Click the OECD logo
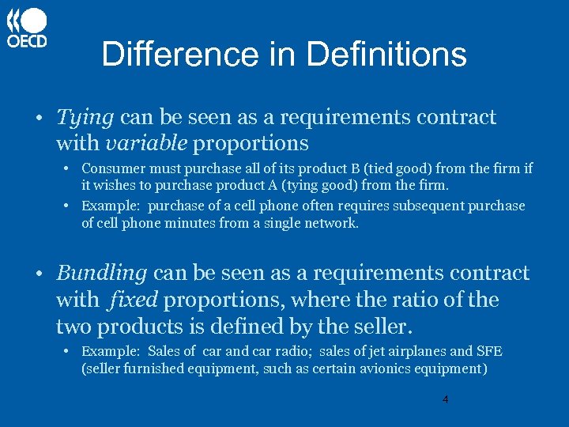pyautogui.click(x=28, y=28)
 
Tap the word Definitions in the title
pyautogui.click(x=386, y=55)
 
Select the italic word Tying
pyautogui.click(x=85, y=118)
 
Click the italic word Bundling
pyautogui.click(x=102, y=273)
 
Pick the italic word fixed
pyautogui.click(x=134, y=300)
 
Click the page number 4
pyautogui.click(x=445, y=400)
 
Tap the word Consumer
pyautogui.click(x=110, y=168)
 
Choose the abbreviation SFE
pyautogui.click(x=488, y=351)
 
